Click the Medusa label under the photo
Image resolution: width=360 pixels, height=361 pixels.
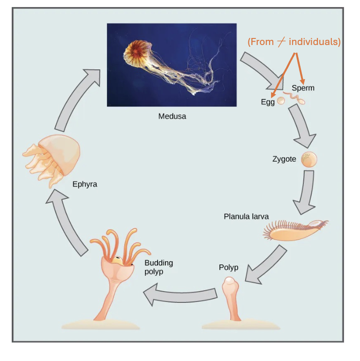pyautogui.click(x=172, y=116)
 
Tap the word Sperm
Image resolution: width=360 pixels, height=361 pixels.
pyautogui.click(x=303, y=88)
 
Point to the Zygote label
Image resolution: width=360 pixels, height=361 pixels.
pyautogui.click(x=284, y=159)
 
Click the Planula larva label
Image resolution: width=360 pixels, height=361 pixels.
pyautogui.click(x=246, y=217)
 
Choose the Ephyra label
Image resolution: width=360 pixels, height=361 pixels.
pyautogui.click(x=85, y=184)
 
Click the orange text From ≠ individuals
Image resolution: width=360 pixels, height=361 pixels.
pyautogui.click(x=294, y=42)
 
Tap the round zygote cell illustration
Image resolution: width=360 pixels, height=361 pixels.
pyautogui.click(x=309, y=159)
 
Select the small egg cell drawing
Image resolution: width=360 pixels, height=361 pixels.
pyautogui.click(x=281, y=100)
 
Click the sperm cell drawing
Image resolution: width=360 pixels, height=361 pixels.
pyautogui.click(x=296, y=98)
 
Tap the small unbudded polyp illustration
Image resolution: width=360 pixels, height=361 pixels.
pyautogui.click(x=230, y=298)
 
